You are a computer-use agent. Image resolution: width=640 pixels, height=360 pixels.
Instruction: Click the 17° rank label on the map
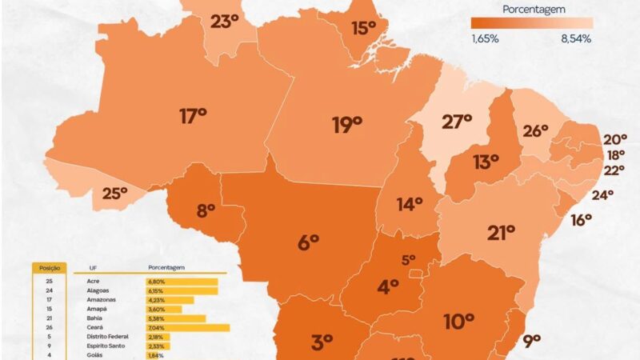pos(193,117)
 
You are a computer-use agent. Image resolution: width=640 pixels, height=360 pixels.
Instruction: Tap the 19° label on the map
pos(347,124)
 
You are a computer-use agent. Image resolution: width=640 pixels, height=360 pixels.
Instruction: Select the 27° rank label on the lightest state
pos(458,122)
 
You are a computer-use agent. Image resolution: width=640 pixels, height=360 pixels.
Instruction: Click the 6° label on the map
pos(309,242)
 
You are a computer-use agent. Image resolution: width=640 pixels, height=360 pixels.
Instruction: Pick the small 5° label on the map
pos(408,259)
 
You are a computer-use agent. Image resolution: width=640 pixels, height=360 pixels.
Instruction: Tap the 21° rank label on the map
pos(501,233)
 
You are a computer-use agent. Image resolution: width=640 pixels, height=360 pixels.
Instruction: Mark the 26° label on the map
pos(535,130)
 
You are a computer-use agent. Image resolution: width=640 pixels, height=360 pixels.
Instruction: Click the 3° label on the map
pos(322,342)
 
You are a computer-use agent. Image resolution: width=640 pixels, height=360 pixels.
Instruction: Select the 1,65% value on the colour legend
pos(485,38)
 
